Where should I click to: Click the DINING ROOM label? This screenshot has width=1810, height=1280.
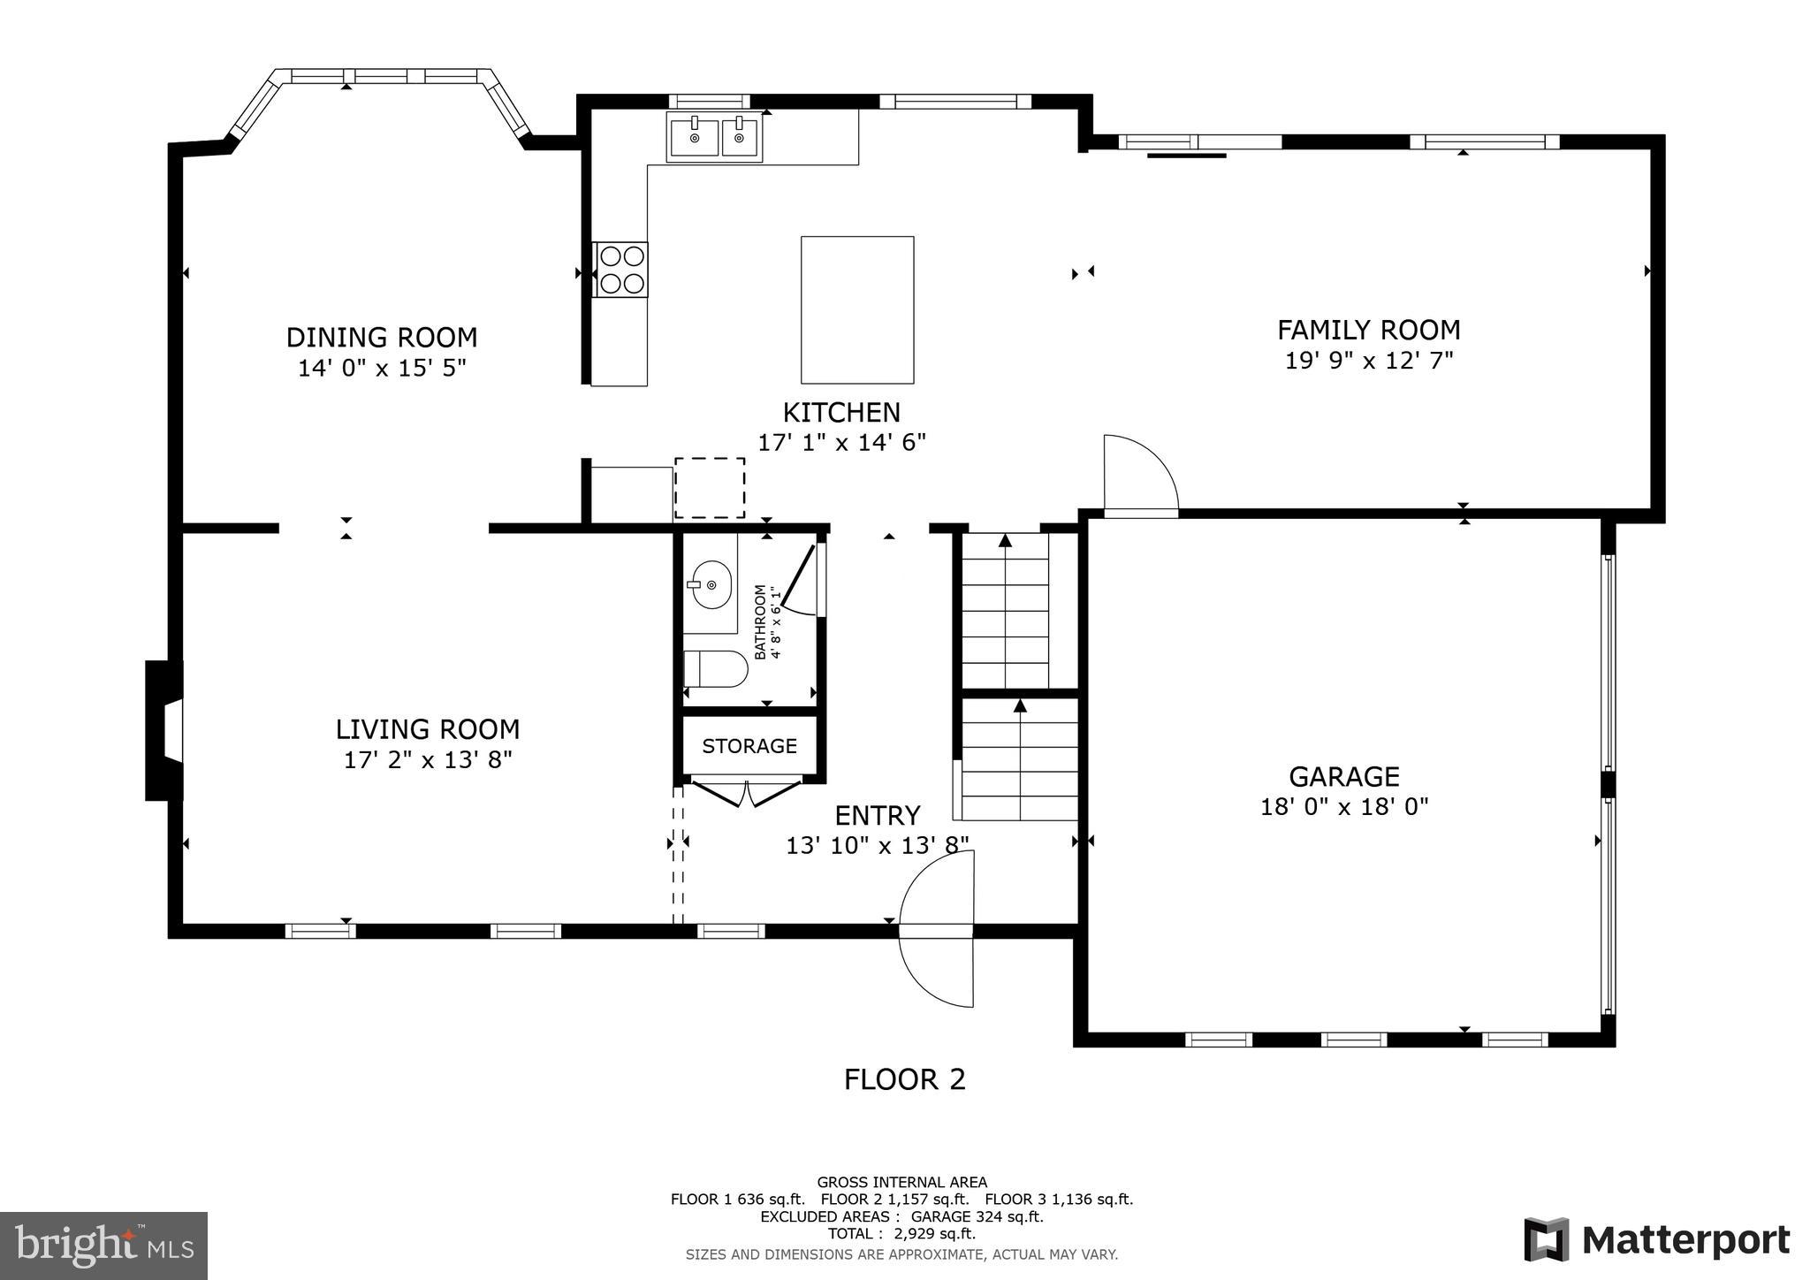(381, 338)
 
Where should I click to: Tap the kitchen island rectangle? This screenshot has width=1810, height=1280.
(856, 309)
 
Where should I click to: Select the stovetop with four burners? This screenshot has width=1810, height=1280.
(621, 270)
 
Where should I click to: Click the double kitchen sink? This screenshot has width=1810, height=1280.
(715, 138)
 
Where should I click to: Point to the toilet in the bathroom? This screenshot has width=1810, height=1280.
(716, 668)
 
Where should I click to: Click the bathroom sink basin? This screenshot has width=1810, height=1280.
(711, 584)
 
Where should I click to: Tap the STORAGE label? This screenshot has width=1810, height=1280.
(749, 746)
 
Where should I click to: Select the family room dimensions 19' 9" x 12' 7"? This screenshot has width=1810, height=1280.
(1368, 361)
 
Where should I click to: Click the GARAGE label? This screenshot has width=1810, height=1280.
(1343, 777)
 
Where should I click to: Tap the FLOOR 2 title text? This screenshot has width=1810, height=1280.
(904, 1079)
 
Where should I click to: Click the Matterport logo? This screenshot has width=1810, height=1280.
(1656, 1240)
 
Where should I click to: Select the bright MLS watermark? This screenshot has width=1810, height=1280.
(104, 1246)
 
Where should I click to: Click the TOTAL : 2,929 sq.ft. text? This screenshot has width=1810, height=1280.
(901, 1234)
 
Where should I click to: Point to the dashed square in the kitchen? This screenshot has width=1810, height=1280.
(710, 488)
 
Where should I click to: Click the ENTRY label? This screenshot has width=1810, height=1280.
(878, 815)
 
